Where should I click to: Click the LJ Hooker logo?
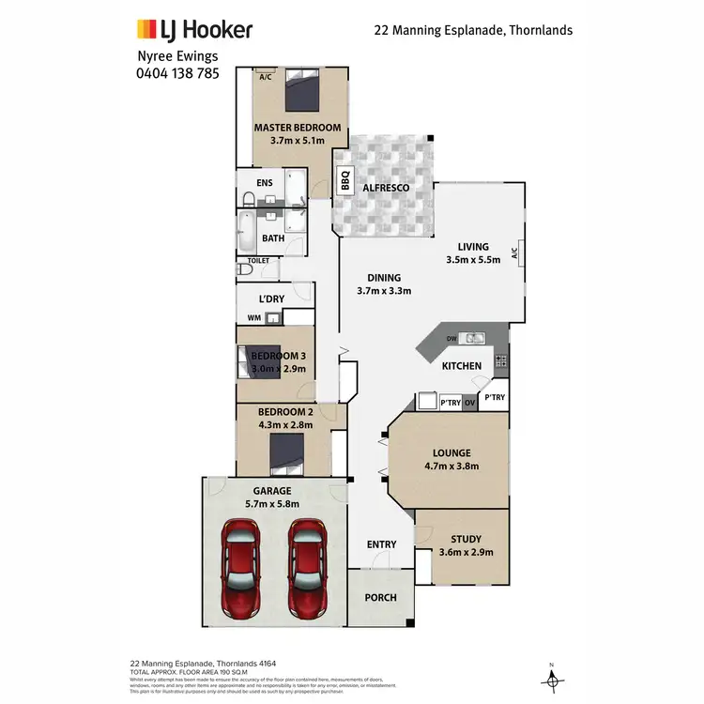click(x=195, y=30)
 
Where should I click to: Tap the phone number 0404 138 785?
click(x=178, y=71)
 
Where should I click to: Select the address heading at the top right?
click(x=473, y=30)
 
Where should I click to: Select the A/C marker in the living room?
click(x=514, y=253)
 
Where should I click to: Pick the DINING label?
click(x=385, y=277)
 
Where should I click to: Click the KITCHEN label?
click(x=462, y=365)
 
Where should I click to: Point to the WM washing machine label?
click(x=253, y=318)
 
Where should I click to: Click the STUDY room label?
click(x=466, y=539)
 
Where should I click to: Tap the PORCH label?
click(x=380, y=598)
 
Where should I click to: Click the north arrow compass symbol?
click(x=553, y=675)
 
